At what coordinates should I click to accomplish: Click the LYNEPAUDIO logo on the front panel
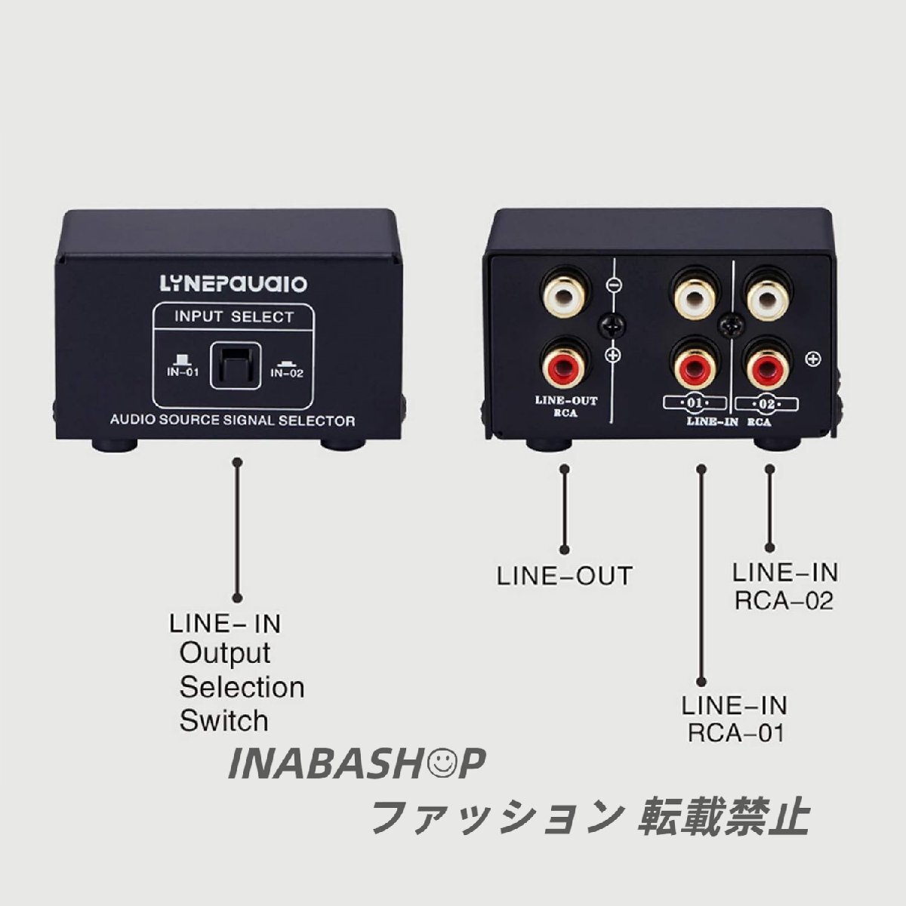[x=233, y=284]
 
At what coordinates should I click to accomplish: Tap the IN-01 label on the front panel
[x=183, y=372]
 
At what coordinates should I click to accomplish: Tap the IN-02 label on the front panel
[x=287, y=373]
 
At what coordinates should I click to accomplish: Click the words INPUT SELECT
[x=233, y=316]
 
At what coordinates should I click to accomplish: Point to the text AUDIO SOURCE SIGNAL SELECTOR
[x=233, y=420]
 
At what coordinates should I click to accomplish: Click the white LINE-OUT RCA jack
[x=565, y=297]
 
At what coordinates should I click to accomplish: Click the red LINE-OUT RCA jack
[x=565, y=365]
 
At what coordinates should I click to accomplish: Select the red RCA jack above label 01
[x=695, y=365]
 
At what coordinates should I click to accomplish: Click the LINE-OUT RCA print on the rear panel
[x=566, y=407]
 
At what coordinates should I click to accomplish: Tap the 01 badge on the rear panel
[x=695, y=403]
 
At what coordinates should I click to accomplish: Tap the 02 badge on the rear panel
[x=767, y=405]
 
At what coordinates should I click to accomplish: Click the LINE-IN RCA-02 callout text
[x=785, y=587]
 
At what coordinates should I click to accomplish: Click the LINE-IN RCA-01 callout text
[x=735, y=719]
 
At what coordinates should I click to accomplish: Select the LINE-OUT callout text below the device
[x=564, y=576]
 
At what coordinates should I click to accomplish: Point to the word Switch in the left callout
[x=223, y=721]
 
